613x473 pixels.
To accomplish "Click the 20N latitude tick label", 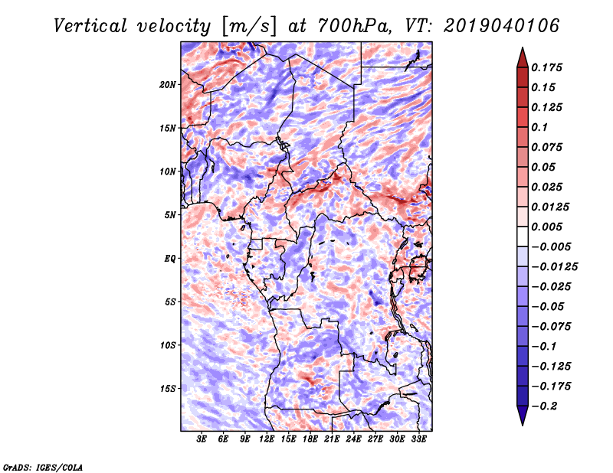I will coord(168,84).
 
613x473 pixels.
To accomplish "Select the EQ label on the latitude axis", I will coord(170,258).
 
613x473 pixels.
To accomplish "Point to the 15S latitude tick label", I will coord(168,388).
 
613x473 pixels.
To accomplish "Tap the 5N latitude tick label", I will coord(170,215).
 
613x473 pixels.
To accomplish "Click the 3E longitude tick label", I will coord(202,439).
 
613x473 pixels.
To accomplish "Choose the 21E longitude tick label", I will coord(332,439).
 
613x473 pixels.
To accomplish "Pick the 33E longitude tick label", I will coord(418,439).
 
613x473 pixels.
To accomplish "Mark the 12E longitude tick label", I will coord(267,439).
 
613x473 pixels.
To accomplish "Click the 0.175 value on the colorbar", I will coord(549,67).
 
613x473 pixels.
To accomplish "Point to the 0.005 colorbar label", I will coord(549,227).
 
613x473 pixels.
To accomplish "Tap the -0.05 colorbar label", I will coord(549,306).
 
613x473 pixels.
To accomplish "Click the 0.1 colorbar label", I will coord(541,127).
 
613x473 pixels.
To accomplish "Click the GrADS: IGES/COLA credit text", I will coord(43,466).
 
